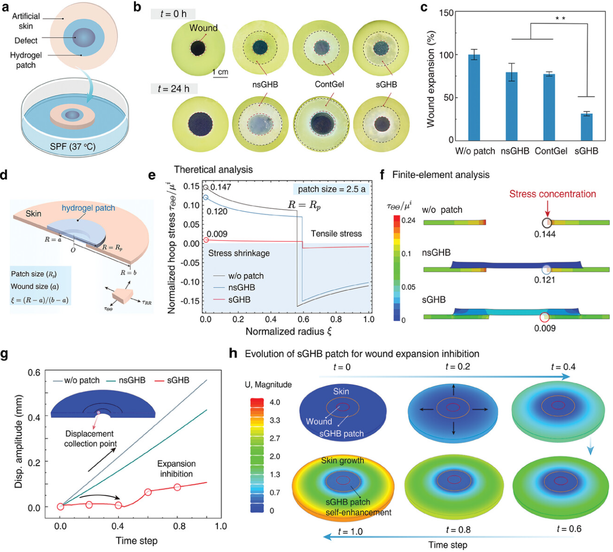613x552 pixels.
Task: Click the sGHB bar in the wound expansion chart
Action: coord(586,127)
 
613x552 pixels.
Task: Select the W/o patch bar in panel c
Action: coord(474,97)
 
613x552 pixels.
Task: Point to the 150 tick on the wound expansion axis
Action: coord(447,12)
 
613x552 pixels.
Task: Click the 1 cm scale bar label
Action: coord(220,72)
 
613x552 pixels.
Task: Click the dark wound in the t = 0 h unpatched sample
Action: coord(197,48)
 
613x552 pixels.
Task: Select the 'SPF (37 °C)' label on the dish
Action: coord(72,146)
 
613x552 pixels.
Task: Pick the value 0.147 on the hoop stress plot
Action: coord(221,187)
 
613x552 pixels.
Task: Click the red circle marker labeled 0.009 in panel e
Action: coord(206,240)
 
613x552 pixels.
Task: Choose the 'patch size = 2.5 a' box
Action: coord(331,189)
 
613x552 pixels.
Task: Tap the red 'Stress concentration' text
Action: coord(552,194)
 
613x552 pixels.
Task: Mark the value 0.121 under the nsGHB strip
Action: coord(545,280)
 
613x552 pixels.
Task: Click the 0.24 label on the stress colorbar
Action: coord(409,220)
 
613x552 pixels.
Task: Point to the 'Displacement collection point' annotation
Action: coord(90,439)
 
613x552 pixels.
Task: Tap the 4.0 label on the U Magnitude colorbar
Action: coord(275,402)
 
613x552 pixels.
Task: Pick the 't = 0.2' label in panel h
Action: coord(457,367)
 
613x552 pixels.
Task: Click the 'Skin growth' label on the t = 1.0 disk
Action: coord(342,460)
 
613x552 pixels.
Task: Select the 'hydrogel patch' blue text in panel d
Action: coord(88,208)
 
